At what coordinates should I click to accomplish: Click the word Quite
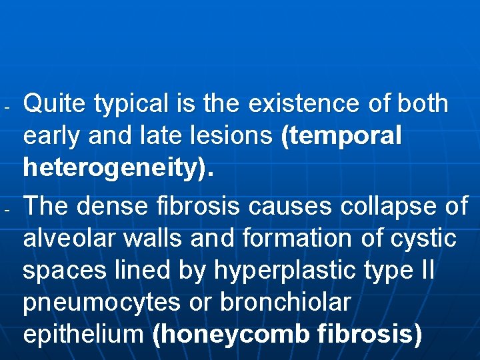coord(55,104)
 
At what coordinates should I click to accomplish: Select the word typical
coord(132,105)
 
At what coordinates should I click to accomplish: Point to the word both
coord(423,104)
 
